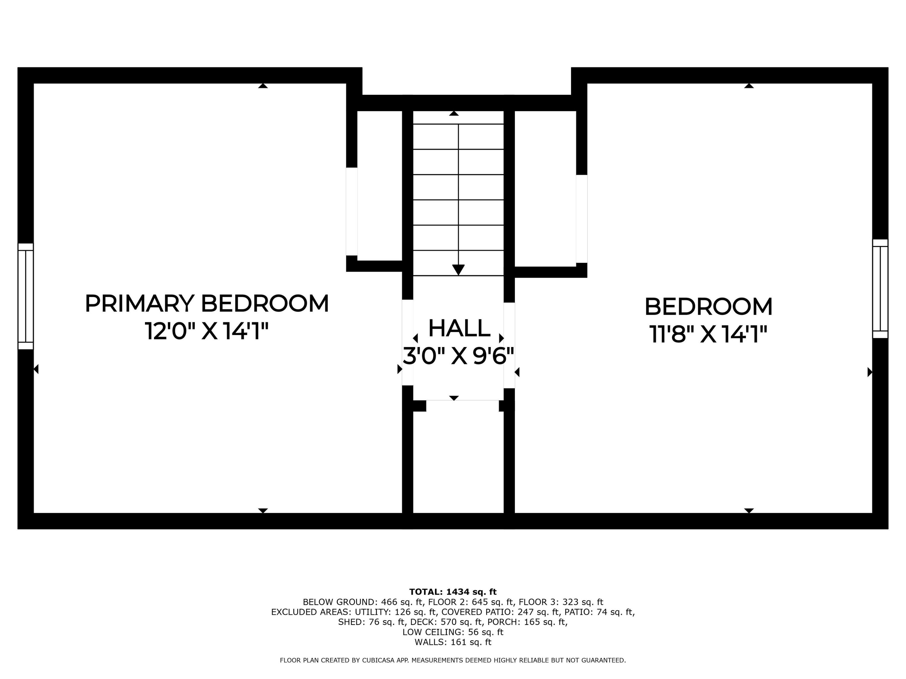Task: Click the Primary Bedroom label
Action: tap(207, 304)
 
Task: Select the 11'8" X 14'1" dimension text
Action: tap(708, 334)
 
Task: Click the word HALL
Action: tap(459, 328)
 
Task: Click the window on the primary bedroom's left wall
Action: tap(25, 296)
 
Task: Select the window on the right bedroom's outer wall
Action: tap(880, 288)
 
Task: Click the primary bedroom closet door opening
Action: tap(352, 211)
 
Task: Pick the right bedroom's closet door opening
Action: tap(582, 218)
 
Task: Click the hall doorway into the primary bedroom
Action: tap(407, 342)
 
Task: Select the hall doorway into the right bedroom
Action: tap(509, 345)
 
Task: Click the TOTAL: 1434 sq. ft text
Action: tap(453, 592)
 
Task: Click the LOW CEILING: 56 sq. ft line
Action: tap(453, 632)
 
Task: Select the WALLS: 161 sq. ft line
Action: tap(453, 642)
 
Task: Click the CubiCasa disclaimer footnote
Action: tap(453, 660)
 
